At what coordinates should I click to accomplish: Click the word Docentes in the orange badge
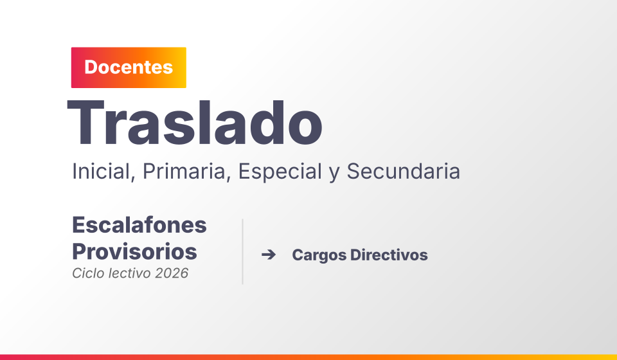[129, 67]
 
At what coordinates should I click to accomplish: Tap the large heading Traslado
[195, 123]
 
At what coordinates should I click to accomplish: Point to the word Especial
[280, 172]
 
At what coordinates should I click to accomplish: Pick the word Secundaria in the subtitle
[404, 172]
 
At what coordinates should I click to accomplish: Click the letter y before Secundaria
[334, 174]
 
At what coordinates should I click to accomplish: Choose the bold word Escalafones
[139, 225]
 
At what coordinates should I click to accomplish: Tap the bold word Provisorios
[134, 251]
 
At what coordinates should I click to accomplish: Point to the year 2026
[172, 273]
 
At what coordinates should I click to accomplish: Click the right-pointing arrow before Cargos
[269, 255]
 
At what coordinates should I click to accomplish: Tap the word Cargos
[319, 255]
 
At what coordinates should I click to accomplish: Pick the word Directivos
[389, 255]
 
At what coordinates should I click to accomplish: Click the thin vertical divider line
[243, 251]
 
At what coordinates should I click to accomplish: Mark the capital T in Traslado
[85, 123]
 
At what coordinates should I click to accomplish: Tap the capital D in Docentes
[91, 67]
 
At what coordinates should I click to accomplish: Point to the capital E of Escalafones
[78, 225]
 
